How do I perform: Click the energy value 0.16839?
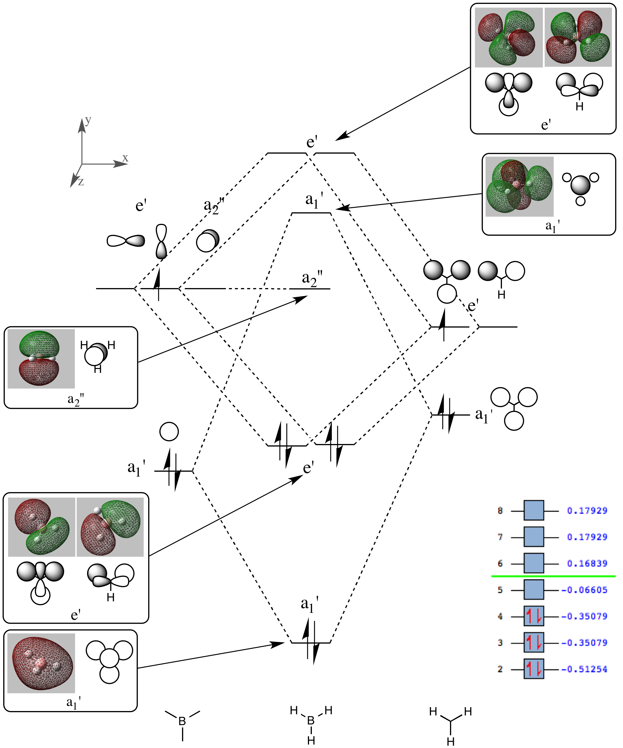[x=587, y=563]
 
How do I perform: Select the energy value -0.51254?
[x=584, y=669]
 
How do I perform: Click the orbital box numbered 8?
[x=534, y=511]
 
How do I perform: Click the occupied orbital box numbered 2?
[x=534, y=669]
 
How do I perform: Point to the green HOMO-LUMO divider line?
[x=553, y=576]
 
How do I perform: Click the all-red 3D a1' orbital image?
[x=41, y=663]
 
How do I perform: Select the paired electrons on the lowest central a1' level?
[x=311, y=642]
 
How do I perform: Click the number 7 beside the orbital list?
[x=500, y=537]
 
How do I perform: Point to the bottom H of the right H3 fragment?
[x=451, y=742]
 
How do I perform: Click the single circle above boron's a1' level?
[x=169, y=432]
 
